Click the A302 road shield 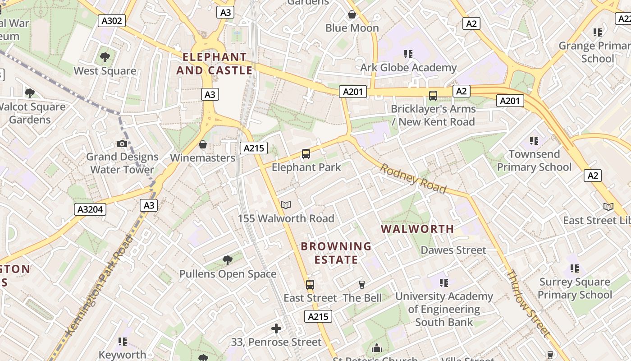pos(112,20)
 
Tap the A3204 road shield pos(90,209)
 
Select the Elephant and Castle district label pos(215,64)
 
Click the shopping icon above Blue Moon pos(352,15)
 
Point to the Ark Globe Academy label pos(408,68)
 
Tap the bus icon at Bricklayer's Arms pos(433,96)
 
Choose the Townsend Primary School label pos(534,161)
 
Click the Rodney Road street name pos(413,179)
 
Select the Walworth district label pos(417,229)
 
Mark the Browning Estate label pos(336,253)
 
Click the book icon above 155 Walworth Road pos(286,205)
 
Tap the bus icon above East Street pos(310,285)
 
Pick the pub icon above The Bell pos(361,285)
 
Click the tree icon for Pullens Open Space pos(228,260)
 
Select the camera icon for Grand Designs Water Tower pos(122,143)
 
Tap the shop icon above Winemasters pos(203,144)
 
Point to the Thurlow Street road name pos(528,303)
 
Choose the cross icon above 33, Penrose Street pos(276,329)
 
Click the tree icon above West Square pos(105,57)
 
